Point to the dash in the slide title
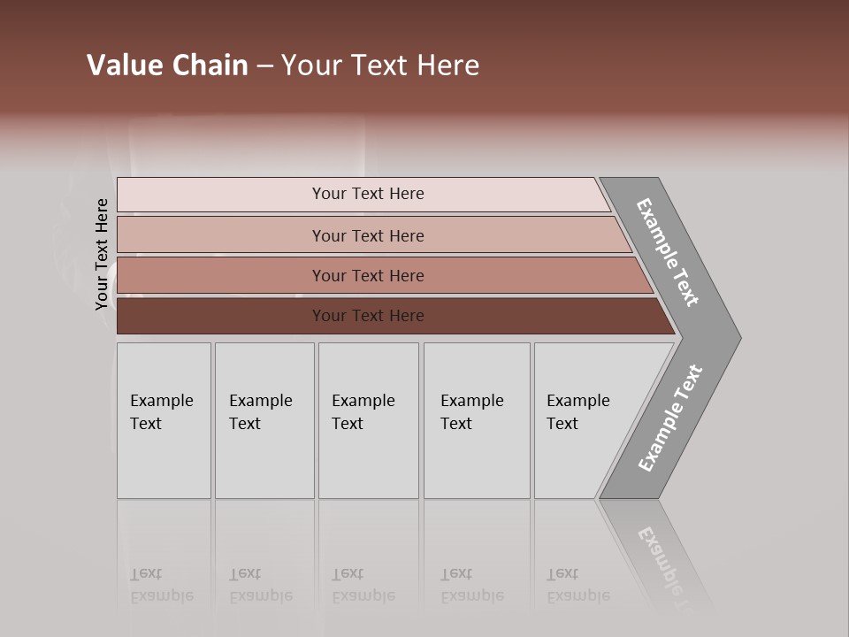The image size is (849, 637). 264,66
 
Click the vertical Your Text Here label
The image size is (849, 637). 102,255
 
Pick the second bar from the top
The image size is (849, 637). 368,235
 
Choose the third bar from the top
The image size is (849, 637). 368,275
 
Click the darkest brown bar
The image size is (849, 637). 368,316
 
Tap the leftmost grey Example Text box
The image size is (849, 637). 164,420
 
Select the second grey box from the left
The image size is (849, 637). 264,420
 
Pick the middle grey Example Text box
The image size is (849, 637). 368,420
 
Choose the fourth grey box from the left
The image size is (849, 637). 477,420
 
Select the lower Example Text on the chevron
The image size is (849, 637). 670,418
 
